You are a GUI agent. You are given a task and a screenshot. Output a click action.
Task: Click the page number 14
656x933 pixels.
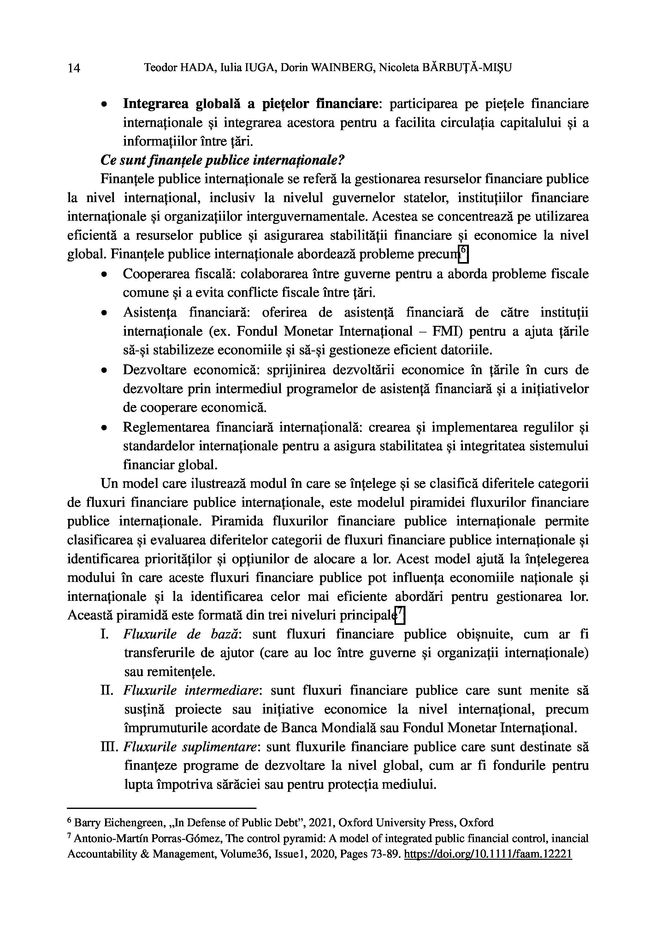74,68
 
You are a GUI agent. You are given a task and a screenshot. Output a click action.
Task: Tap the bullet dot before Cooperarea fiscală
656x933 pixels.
104,275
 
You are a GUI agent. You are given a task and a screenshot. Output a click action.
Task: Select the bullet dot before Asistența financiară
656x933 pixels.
104,313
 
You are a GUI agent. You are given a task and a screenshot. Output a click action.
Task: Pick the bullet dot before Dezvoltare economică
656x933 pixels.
104,371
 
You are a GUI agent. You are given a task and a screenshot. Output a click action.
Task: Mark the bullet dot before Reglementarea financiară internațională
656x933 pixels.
104,428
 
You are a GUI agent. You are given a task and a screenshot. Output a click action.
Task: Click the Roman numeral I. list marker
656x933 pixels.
104,634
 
